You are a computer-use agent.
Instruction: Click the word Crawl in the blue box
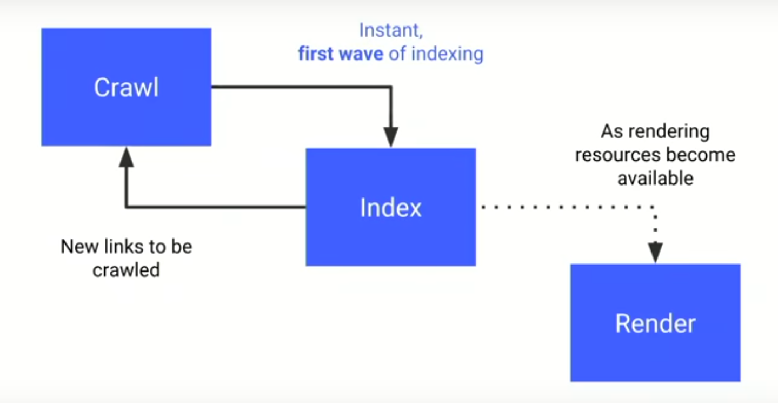(x=127, y=88)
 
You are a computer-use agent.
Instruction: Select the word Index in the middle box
(x=390, y=208)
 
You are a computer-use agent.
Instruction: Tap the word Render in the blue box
(x=655, y=323)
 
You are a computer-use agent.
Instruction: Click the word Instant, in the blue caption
(x=390, y=31)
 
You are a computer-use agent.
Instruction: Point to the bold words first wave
(x=341, y=54)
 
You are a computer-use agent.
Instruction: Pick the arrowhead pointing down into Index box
(x=390, y=136)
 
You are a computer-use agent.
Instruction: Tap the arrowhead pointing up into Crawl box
(x=126, y=156)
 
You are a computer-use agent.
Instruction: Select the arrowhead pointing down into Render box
(x=655, y=252)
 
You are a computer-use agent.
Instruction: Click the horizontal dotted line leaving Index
(x=562, y=207)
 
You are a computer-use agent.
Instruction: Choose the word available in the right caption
(x=655, y=178)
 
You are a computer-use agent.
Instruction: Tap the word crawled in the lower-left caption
(x=126, y=269)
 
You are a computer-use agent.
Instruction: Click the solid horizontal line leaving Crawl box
(x=297, y=87)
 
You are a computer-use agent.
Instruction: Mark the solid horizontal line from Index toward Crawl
(x=216, y=207)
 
